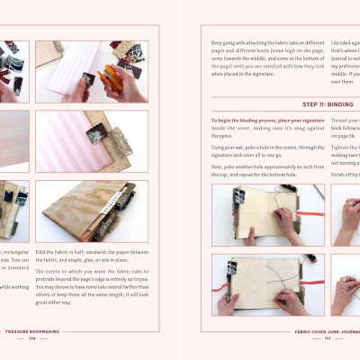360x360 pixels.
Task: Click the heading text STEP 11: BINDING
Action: click(262, 103)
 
